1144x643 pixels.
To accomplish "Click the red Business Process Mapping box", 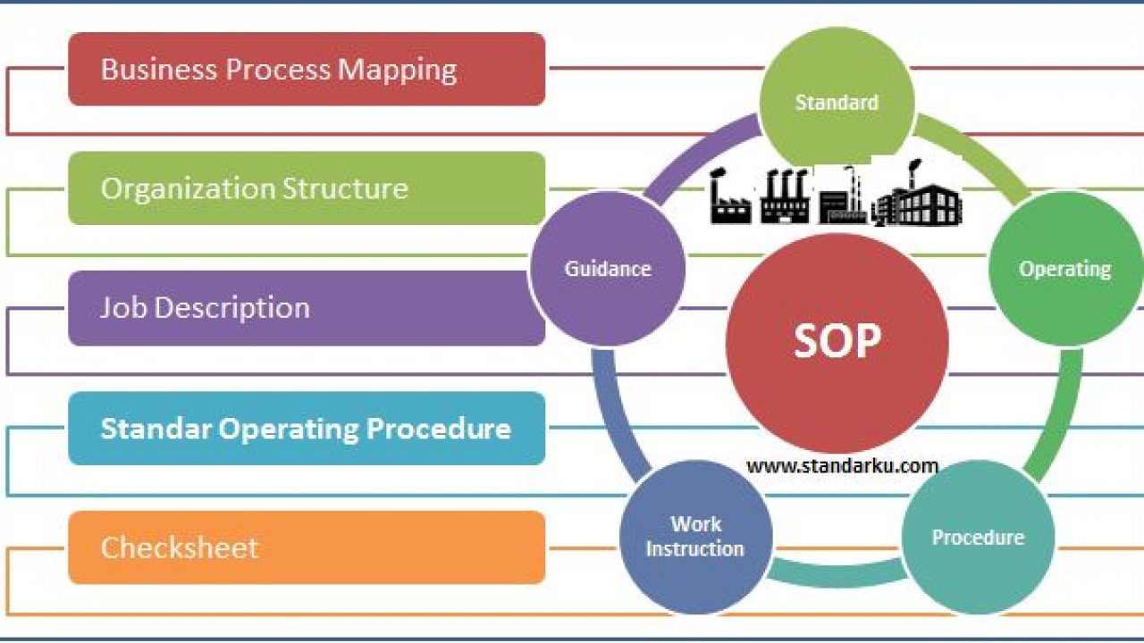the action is (x=307, y=69).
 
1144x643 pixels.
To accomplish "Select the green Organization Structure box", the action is (x=307, y=188).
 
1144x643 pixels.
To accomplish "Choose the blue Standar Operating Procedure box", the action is (x=307, y=429).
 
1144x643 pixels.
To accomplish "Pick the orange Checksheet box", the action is (x=307, y=547).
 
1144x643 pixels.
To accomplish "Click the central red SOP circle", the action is (x=837, y=343).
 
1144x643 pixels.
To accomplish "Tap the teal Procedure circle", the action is (x=978, y=537).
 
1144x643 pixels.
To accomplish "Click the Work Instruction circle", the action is (x=695, y=537).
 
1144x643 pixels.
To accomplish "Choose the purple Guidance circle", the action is (x=608, y=269).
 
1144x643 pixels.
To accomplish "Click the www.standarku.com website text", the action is (x=842, y=466).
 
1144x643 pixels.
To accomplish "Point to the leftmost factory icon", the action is (x=729, y=196).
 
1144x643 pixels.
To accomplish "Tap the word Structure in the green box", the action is (x=345, y=188).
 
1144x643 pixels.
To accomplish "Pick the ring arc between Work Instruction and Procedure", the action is (x=837, y=573).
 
